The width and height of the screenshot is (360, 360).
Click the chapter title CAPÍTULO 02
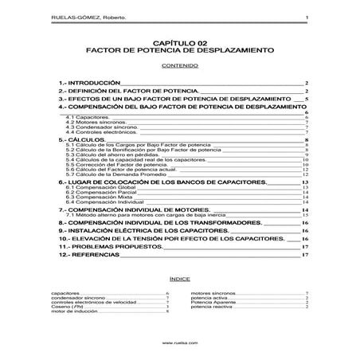coord(179,41)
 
